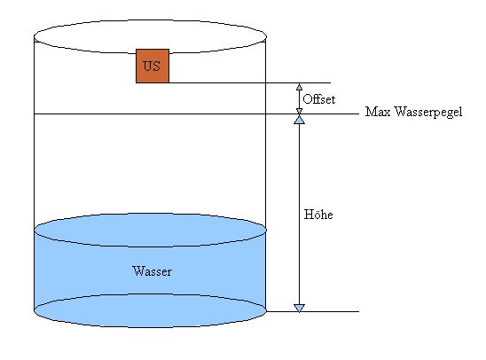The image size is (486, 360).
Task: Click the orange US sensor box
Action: click(153, 66)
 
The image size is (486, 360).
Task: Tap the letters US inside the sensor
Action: click(152, 66)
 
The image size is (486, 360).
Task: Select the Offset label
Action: click(319, 99)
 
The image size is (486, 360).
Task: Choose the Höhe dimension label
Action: click(318, 215)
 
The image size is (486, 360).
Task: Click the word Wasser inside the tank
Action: click(152, 271)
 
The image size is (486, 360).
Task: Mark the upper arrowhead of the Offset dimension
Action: click(299, 87)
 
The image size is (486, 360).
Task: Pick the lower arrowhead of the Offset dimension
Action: click(299, 111)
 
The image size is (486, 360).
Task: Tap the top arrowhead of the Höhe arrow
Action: click(299, 120)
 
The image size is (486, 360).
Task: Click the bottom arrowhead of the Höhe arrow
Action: click(299, 308)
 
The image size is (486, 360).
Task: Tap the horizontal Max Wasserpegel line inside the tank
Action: click(150, 114)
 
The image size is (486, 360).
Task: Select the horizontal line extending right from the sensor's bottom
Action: click(250, 83)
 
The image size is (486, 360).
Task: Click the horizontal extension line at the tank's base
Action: click(312, 311)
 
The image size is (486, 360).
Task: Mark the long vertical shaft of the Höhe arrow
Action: click(299, 214)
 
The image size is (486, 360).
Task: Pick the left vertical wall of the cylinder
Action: click(34, 174)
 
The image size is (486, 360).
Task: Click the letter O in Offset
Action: click(307, 99)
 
